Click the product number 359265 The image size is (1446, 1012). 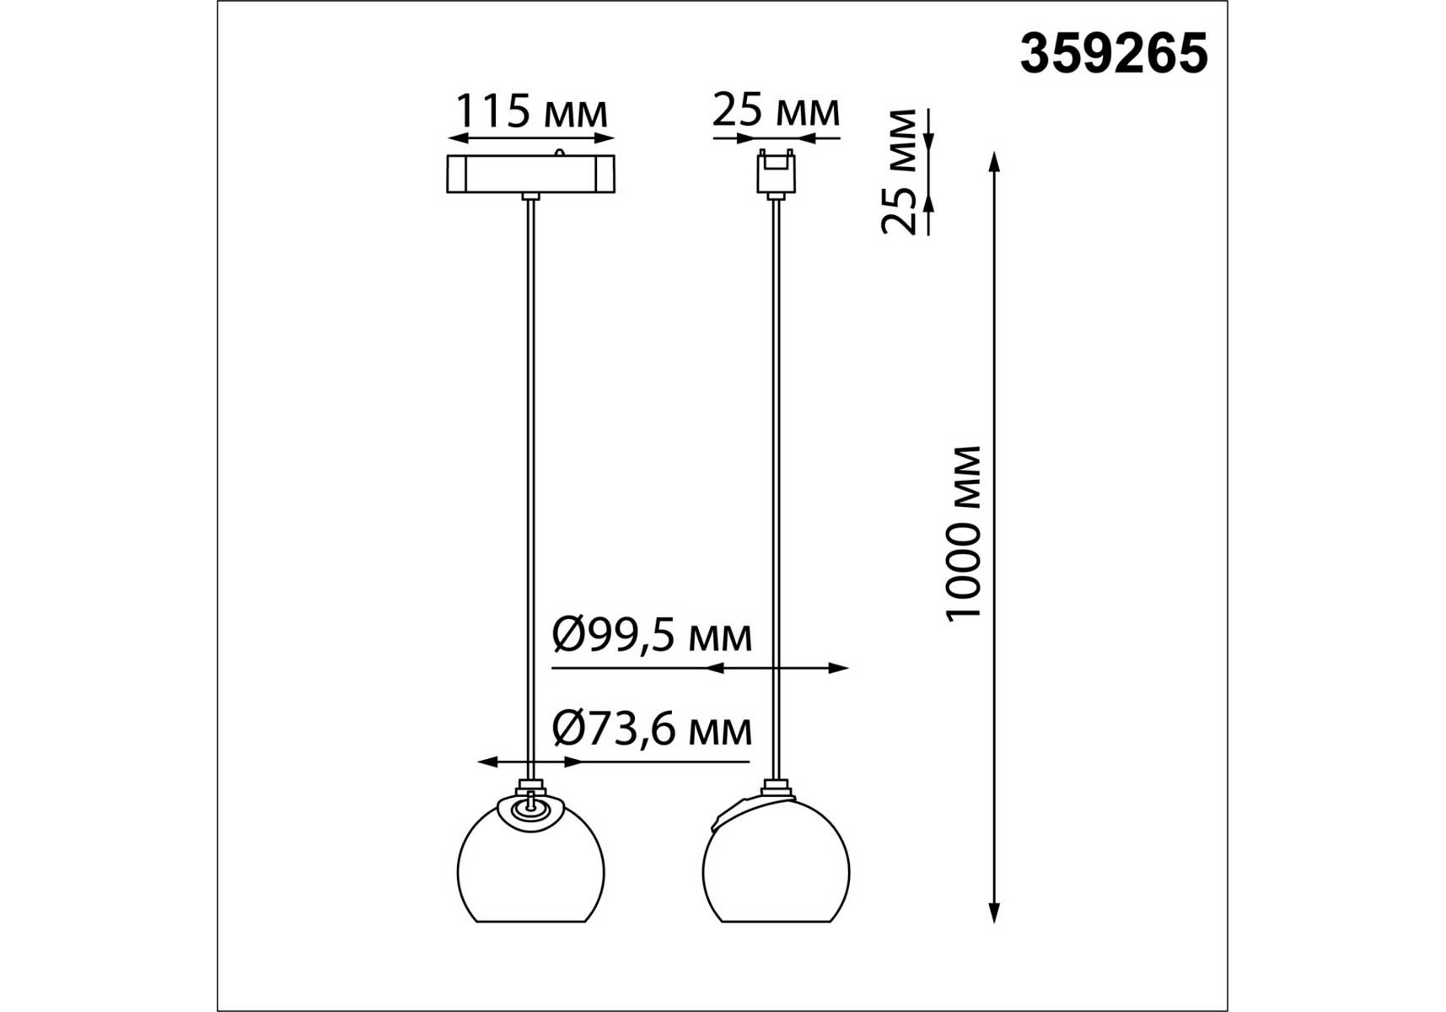click(x=1114, y=54)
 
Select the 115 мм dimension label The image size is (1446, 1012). click(x=531, y=110)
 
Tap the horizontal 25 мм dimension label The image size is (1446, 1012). click(x=776, y=110)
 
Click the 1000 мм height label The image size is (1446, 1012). click(x=964, y=534)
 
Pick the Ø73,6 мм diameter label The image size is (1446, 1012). click(x=652, y=729)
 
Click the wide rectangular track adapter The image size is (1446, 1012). click(x=530, y=174)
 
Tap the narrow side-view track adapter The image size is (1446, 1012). click(x=776, y=173)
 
